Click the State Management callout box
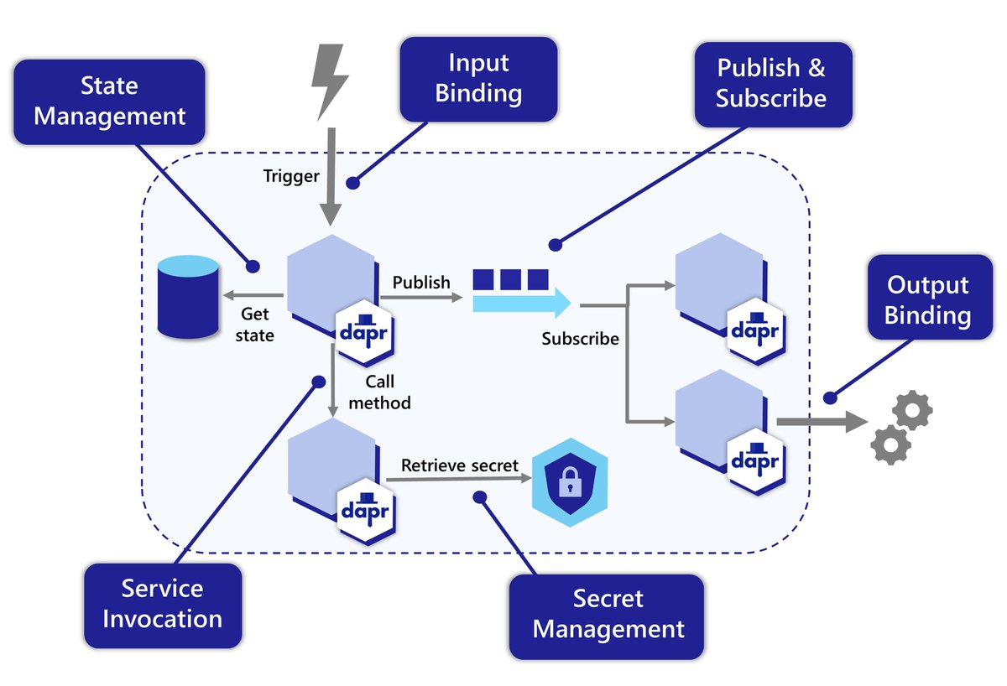pos(110,101)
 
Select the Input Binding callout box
pos(478,78)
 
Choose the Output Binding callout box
pos(927,299)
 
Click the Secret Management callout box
pos(608,615)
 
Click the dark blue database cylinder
pos(189,298)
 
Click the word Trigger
pos(291,176)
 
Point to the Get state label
pos(257,324)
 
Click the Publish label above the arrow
pos(421,282)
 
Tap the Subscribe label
pos(580,339)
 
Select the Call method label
pos(379,392)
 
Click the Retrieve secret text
pos(459,465)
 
